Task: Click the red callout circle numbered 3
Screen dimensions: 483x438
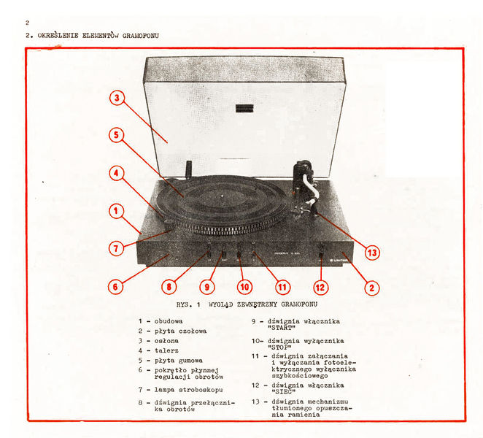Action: click(117, 98)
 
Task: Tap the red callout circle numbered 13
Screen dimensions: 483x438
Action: click(372, 253)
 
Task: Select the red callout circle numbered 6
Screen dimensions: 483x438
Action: click(115, 287)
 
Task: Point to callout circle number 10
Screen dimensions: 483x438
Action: click(244, 287)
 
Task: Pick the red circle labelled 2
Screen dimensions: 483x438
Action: click(372, 288)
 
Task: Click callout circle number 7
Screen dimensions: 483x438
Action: click(116, 248)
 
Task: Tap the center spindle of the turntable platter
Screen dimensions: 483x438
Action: click(222, 196)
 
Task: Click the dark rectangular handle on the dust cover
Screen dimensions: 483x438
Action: click(244, 108)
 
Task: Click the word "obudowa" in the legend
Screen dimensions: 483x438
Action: click(169, 321)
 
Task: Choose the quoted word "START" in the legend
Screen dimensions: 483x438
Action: click(282, 328)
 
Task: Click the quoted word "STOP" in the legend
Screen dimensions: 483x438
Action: click(279, 347)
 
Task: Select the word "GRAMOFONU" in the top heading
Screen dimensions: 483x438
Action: click(141, 36)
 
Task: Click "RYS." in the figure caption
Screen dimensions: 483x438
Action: click(184, 304)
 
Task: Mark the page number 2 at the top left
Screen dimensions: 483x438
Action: click(28, 23)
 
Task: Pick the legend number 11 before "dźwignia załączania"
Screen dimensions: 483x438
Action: click(255, 356)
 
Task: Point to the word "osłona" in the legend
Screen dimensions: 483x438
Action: click(166, 341)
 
